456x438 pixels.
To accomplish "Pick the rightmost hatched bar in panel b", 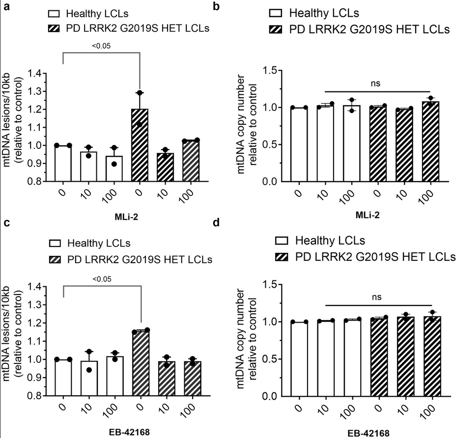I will (x=430, y=142).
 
